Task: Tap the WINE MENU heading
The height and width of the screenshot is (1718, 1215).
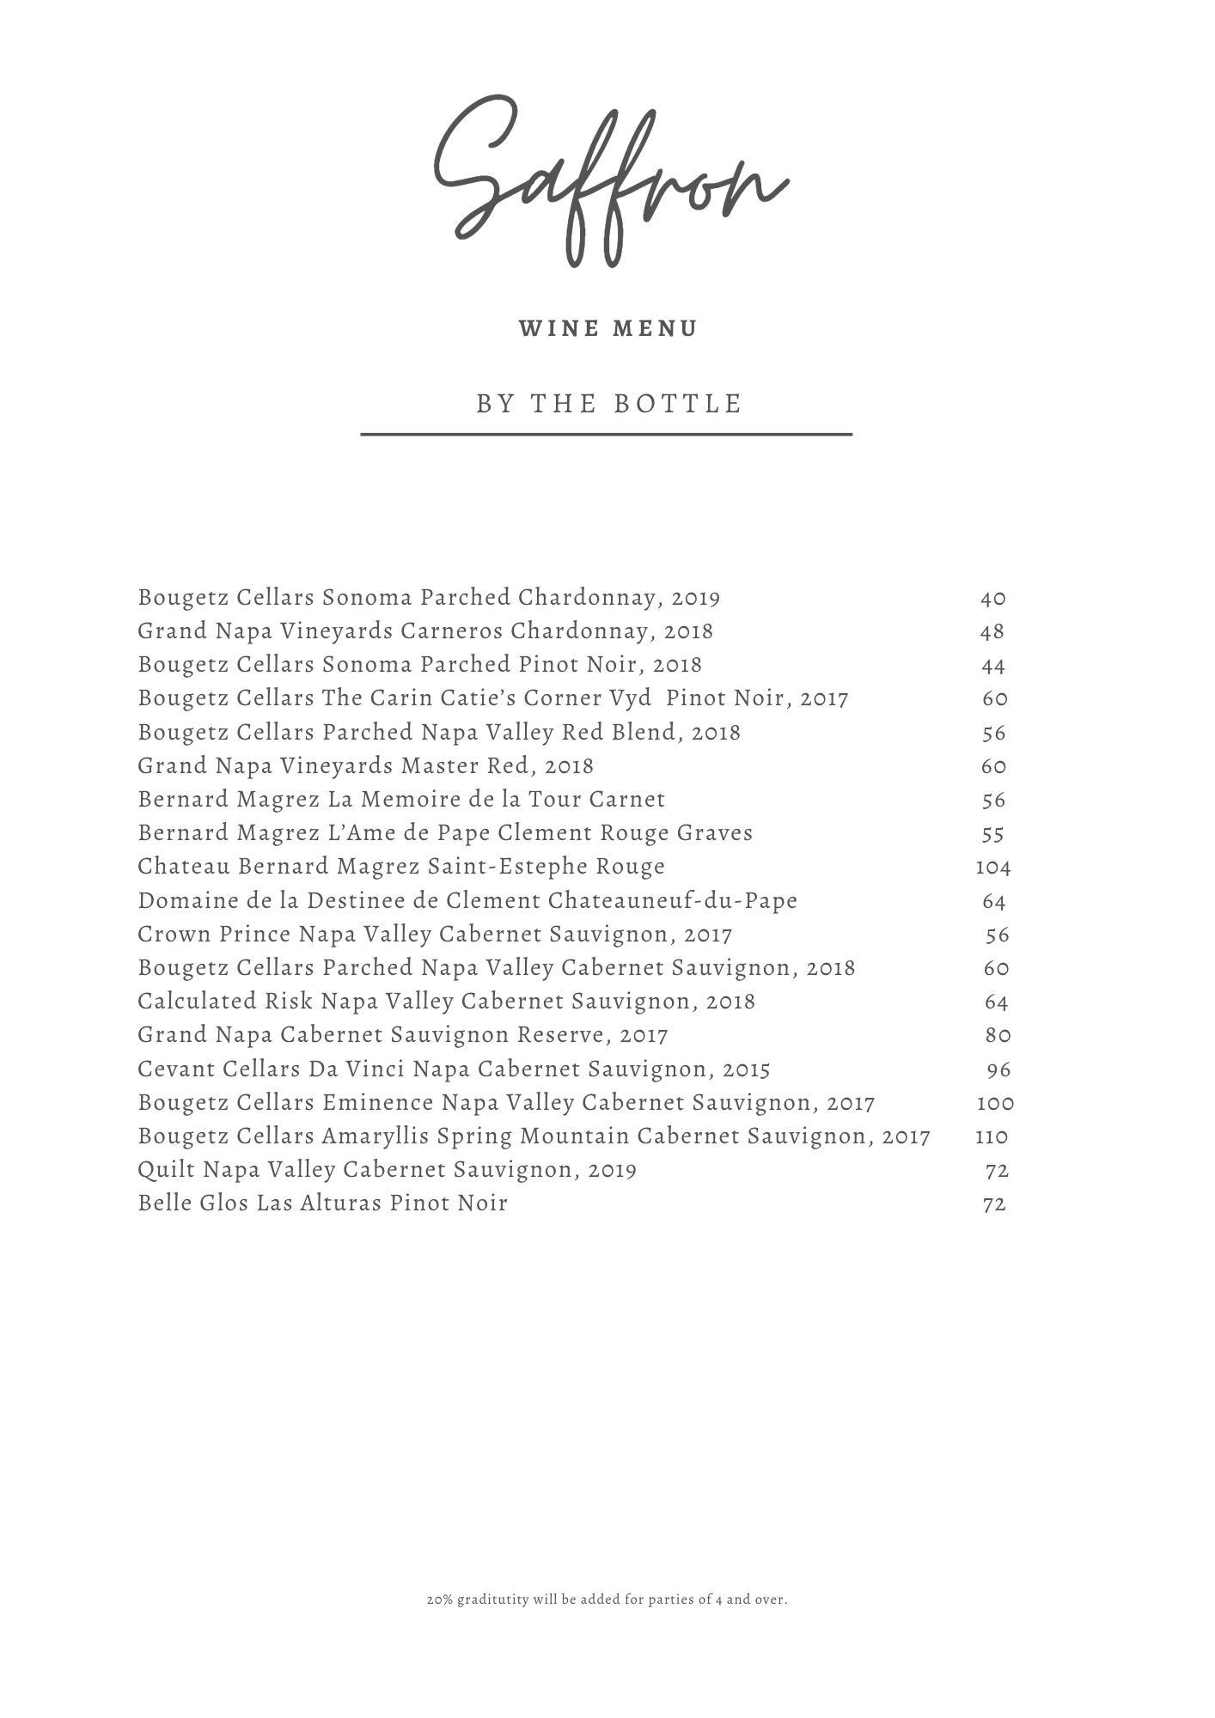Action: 608,329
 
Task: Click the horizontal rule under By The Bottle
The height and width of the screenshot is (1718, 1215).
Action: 606,435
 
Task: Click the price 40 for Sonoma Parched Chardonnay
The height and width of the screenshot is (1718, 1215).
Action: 993,598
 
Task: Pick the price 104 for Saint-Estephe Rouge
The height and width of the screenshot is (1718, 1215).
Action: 993,867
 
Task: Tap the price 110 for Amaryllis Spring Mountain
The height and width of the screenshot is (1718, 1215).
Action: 992,1136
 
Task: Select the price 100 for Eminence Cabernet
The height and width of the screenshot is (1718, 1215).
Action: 995,1103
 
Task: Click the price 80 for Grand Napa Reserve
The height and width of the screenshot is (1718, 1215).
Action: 998,1035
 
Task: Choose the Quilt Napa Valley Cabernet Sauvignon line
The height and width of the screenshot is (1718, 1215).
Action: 387,1170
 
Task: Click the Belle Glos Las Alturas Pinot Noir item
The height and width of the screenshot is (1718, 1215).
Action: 322,1203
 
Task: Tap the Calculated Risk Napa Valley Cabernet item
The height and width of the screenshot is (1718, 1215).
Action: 446,1002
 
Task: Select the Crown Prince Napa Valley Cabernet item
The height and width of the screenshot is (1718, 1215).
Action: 435,935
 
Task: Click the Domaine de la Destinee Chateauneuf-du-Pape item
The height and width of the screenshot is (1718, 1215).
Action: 467,901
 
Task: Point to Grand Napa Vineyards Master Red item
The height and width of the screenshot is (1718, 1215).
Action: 365,766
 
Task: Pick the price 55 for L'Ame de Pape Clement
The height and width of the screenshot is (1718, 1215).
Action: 993,833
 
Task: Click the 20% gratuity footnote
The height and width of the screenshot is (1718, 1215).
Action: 607,1600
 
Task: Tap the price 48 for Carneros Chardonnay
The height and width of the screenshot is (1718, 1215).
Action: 992,631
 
